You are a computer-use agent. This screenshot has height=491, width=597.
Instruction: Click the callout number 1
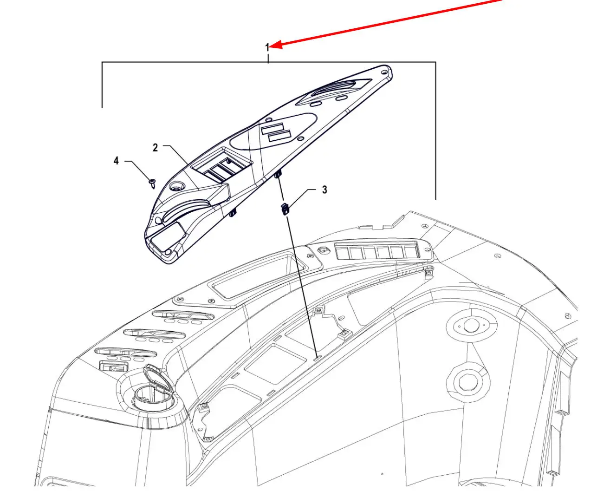pyautogui.click(x=267, y=47)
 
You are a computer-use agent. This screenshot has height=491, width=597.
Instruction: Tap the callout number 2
pyautogui.click(x=155, y=148)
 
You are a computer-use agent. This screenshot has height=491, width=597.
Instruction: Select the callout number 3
pyautogui.click(x=324, y=190)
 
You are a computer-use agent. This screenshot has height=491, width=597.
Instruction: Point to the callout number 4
pyautogui.click(x=116, y=161)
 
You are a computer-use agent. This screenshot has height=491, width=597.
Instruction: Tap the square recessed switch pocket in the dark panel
pyautogui.click(x=222, y=165)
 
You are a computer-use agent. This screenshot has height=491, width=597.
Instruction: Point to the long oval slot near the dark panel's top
pyautogui.click(x=334, y=89)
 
